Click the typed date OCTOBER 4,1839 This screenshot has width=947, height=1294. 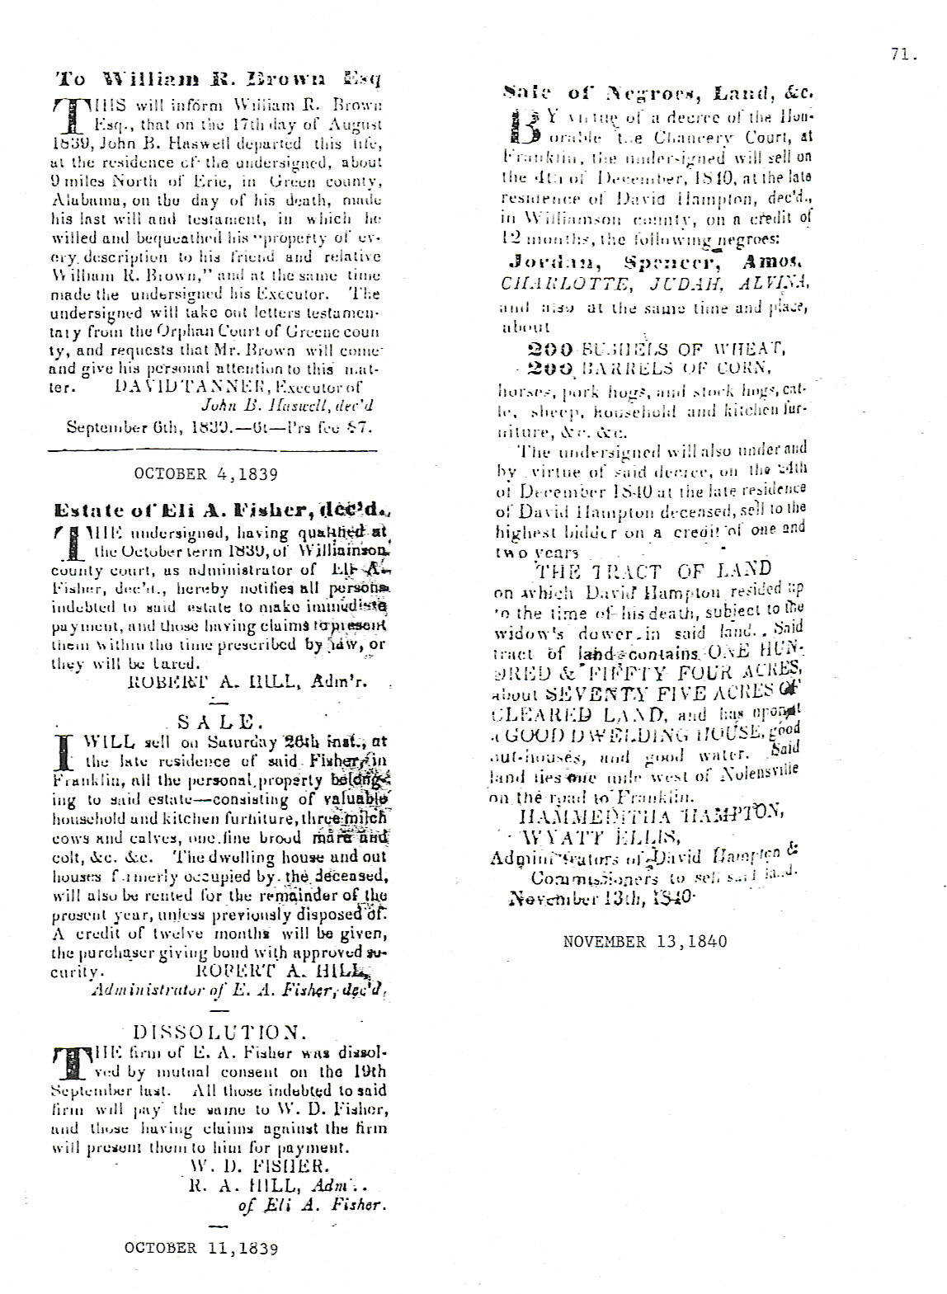[205, 474]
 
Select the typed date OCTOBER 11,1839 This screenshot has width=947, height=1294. [201, 1248]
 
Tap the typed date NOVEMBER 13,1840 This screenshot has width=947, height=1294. [645, 941]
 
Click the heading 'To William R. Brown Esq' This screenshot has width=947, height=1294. [217, 79]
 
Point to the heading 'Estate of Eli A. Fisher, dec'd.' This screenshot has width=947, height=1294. [219, 510]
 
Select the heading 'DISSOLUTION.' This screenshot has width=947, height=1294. [219, 1032]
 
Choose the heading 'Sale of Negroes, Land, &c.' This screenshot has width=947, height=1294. [658, 93]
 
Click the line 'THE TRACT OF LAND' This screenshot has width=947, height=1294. [653, 570]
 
